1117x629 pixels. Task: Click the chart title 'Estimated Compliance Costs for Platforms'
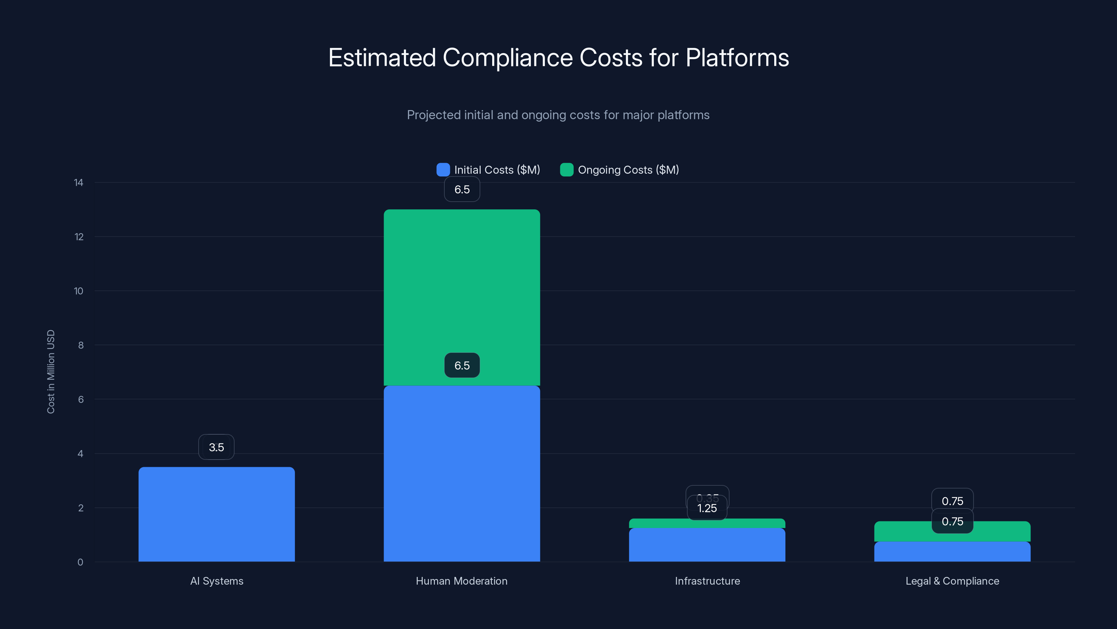pyautogui.click(x=558, y=58)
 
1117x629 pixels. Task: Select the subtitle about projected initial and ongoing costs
pyautogui.click(x=558, y=115)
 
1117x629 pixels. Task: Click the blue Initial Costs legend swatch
pyautogui.click(x=443, y=170)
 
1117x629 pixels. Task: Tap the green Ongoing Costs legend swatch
pyautogui.click(x=566, y=170)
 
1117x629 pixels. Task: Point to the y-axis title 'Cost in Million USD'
pyautogui.click(x=51, y=371)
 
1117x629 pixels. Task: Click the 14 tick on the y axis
pyautogui.click(x=79, y=183)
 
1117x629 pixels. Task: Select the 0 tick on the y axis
pyautogui.click(x=80, y=562)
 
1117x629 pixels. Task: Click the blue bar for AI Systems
pyautogui.click(x=216, y=514)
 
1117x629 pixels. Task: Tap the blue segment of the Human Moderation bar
pyautogui.click(x=462, y=473)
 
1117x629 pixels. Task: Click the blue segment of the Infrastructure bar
pyautogui.click(x=707, y=545)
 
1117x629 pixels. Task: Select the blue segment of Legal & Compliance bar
pyautogui.click(x=952, y=552)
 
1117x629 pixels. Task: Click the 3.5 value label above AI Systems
pyautogui.click(x=216, y=447)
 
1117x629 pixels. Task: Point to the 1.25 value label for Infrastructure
pyautogui.click(x=707, y=508)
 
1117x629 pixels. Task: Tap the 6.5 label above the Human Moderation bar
pyautogui.click(x=462, y=189)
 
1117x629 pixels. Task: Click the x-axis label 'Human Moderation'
pyautogui.click(x=461, y=581)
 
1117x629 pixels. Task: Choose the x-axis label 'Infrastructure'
pyautogui.click(x=707, y=581)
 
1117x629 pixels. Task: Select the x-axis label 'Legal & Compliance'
pyautogui.click(x=952, y=581)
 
